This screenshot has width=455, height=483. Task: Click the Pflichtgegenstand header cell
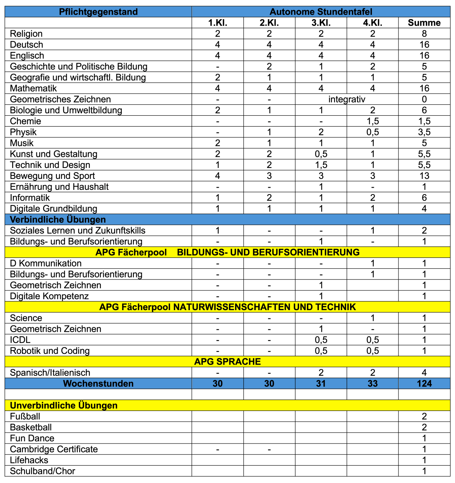click(98, 12)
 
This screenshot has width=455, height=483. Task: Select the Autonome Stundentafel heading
click(321, 12)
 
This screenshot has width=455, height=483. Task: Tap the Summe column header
click(424, 23)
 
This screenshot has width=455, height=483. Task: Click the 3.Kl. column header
click(321, 23)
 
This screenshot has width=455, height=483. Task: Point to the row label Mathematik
click(33, 88)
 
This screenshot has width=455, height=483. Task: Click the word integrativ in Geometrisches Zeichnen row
click(347, 99)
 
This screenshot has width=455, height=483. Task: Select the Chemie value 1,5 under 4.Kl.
click(372, 121)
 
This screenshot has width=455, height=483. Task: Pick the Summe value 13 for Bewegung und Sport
click(424, 176)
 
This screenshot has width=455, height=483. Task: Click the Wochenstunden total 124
click(424, 384)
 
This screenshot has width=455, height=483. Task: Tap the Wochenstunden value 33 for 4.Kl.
click(372, 384)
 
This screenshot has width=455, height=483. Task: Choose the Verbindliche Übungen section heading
click(58, 220)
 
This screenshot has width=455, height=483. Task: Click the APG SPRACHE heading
click(227, 362)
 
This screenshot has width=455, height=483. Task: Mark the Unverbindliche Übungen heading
click(63, 406)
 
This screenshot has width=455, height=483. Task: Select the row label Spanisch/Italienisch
click(50, 373)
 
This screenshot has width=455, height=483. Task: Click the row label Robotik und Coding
click(50, 351)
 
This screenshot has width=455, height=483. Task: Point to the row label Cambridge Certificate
click(54, 449)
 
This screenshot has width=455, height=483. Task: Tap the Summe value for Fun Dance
click(424, 438)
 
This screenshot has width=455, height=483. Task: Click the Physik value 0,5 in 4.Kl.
click(372, 132)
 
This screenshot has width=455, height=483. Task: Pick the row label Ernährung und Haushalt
click(59, 187)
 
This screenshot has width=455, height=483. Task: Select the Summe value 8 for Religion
click(424, 34)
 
